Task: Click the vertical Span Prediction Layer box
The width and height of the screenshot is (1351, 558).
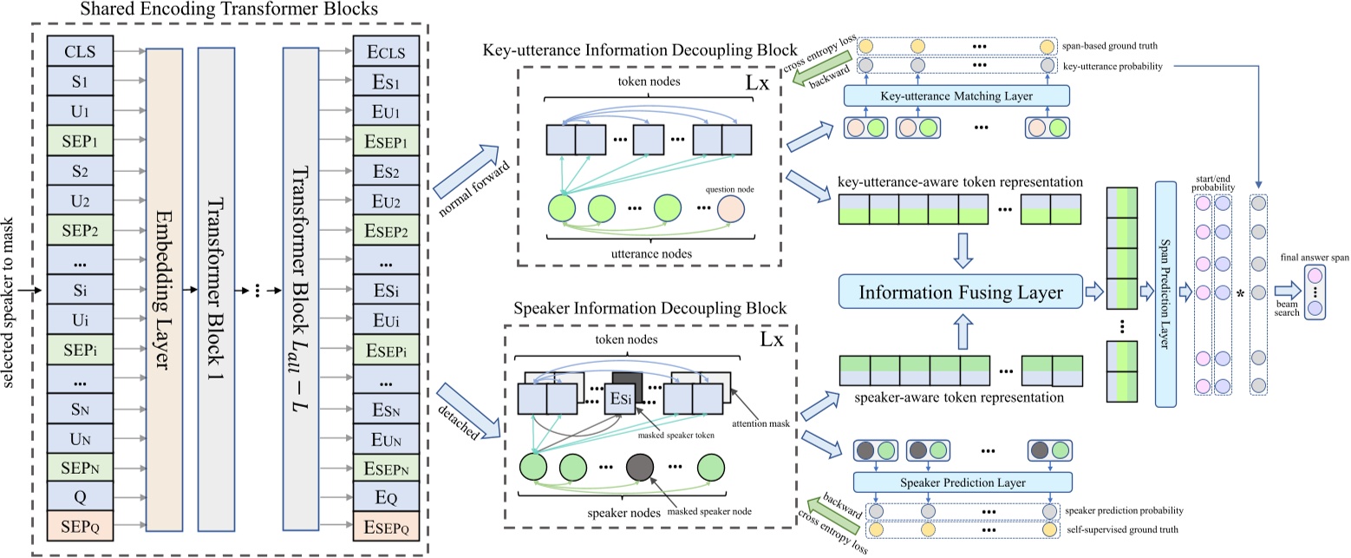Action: (x=1165, y=282)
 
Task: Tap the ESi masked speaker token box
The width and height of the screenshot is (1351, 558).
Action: (x=623, y=398)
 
